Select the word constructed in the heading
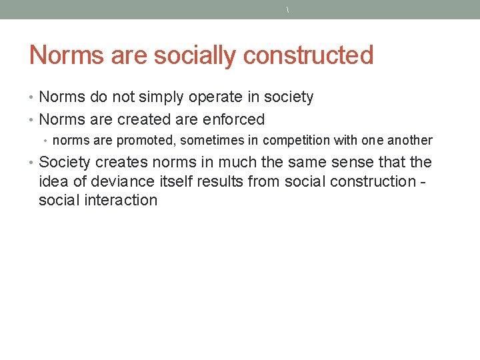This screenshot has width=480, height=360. tap(308, 55)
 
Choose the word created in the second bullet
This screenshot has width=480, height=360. tap(141, 120)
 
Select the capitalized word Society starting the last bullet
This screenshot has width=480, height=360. tap(64, 163)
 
